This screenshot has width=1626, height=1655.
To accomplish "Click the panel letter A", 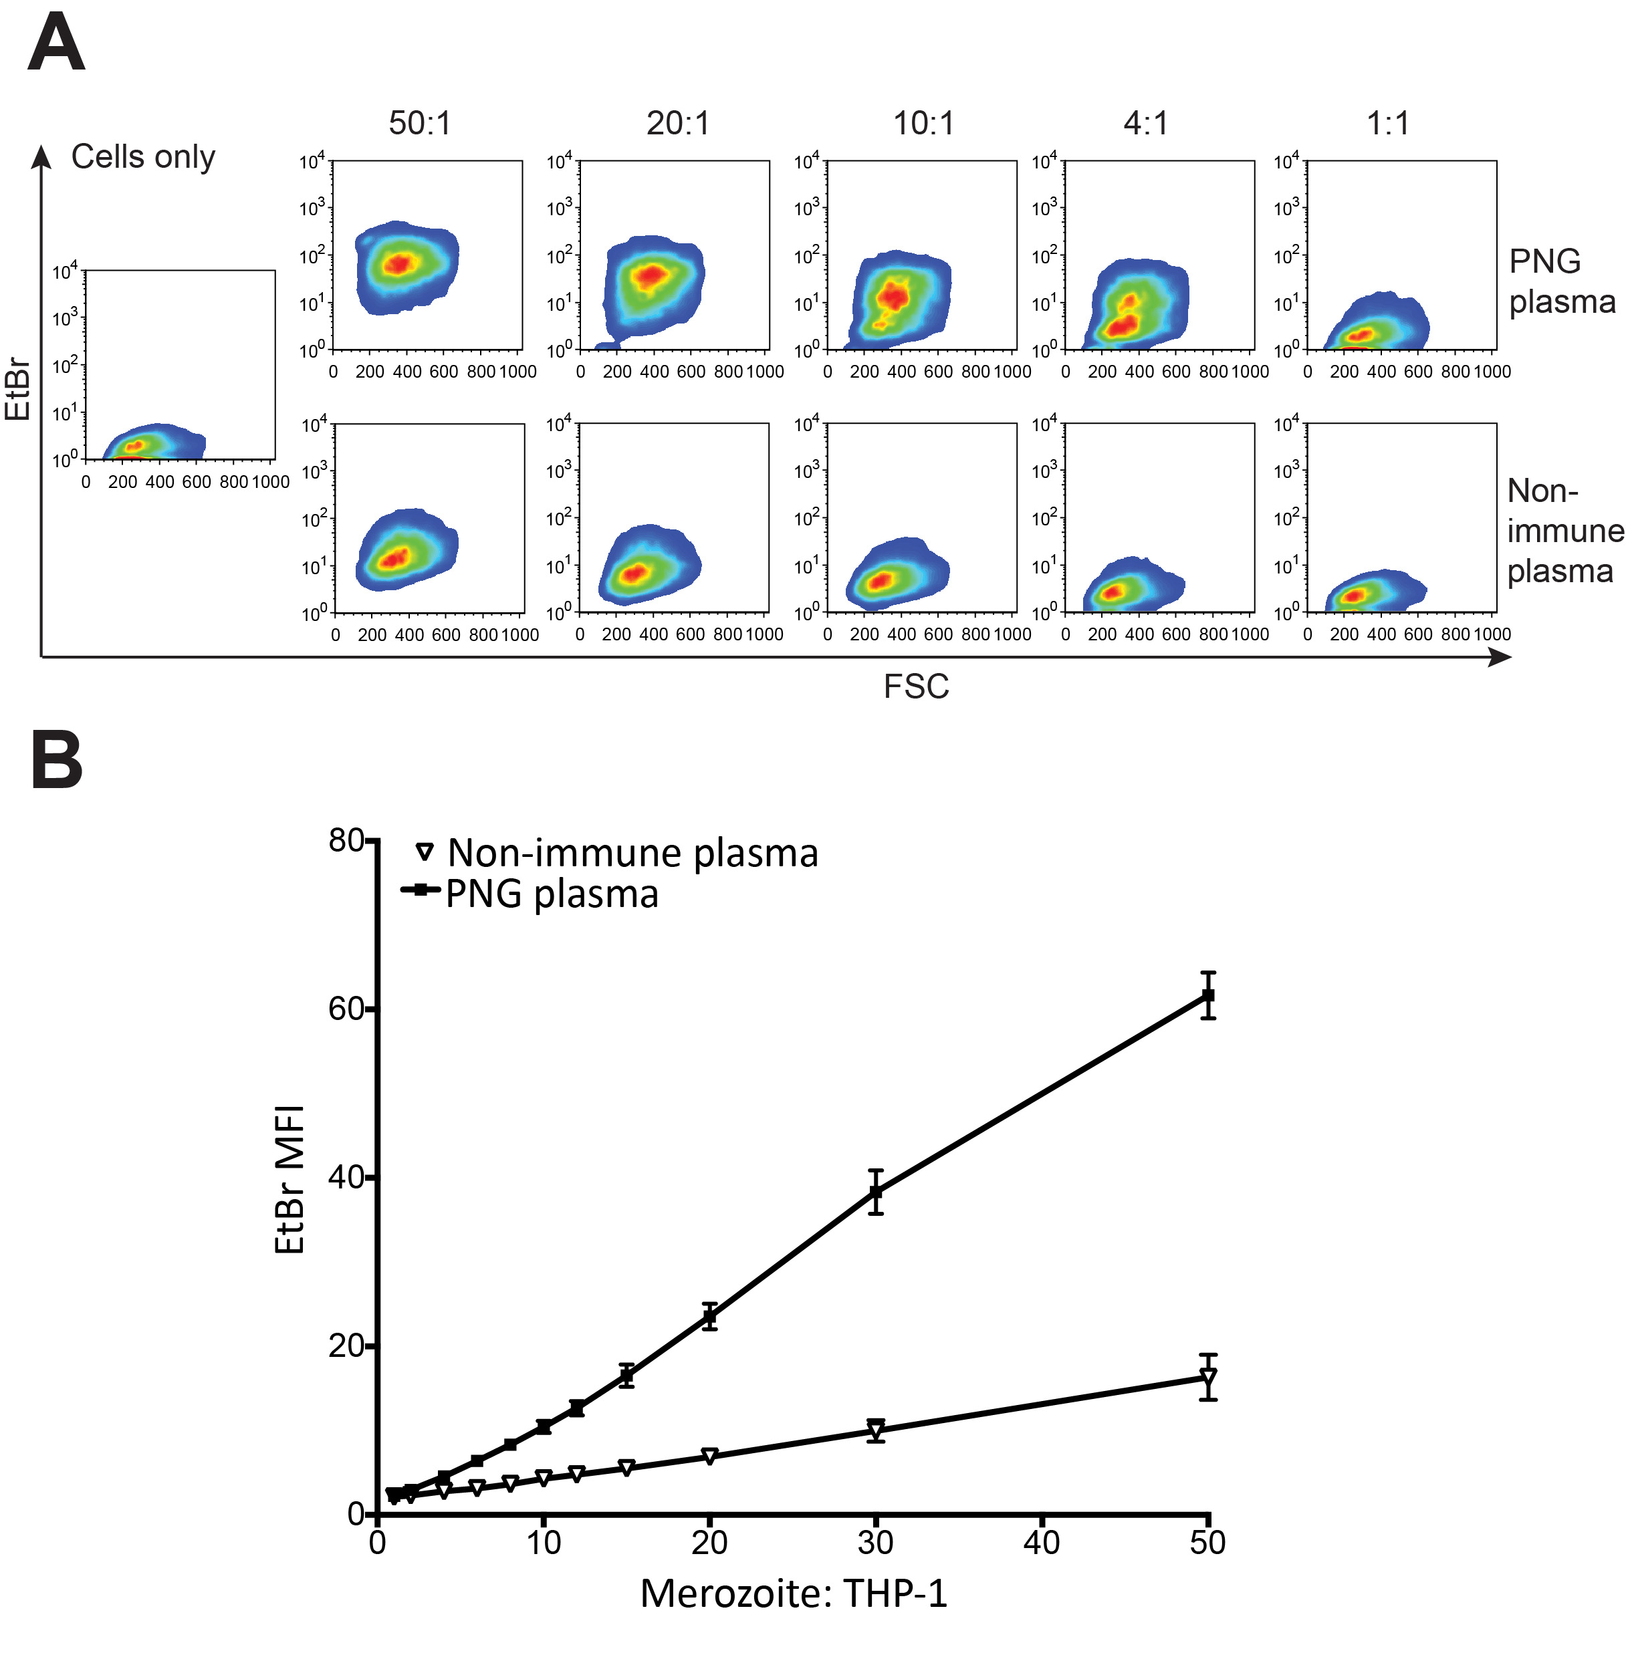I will click(x=56, y=44).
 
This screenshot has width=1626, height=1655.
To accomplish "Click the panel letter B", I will click(x=56, y=759).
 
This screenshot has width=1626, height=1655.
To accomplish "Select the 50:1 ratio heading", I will click(x=419, y=124).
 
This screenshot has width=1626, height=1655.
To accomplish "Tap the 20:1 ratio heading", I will click(x=677, y=124).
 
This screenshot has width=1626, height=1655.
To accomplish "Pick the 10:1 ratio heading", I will click(x=923, y=124).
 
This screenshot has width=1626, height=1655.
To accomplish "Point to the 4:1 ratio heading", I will click(x=1145, y=124).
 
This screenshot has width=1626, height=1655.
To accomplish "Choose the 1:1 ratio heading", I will click(x=1388, y=124).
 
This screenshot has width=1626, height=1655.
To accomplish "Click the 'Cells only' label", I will click(x=142, y=157).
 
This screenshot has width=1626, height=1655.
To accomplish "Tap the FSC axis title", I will click(x=915, y=686).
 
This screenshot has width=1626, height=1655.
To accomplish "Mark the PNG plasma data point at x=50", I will click(x=1207, y=995).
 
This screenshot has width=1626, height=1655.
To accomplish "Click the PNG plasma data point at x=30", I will click(x=875, y=1192).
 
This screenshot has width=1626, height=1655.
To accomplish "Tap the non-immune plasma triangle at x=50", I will click(x=1207, y=1378).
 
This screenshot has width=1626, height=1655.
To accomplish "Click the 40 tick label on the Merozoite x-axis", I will click(x=1042, y=1542).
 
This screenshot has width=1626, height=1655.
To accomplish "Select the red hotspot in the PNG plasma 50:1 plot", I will click(x=398, y=263).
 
